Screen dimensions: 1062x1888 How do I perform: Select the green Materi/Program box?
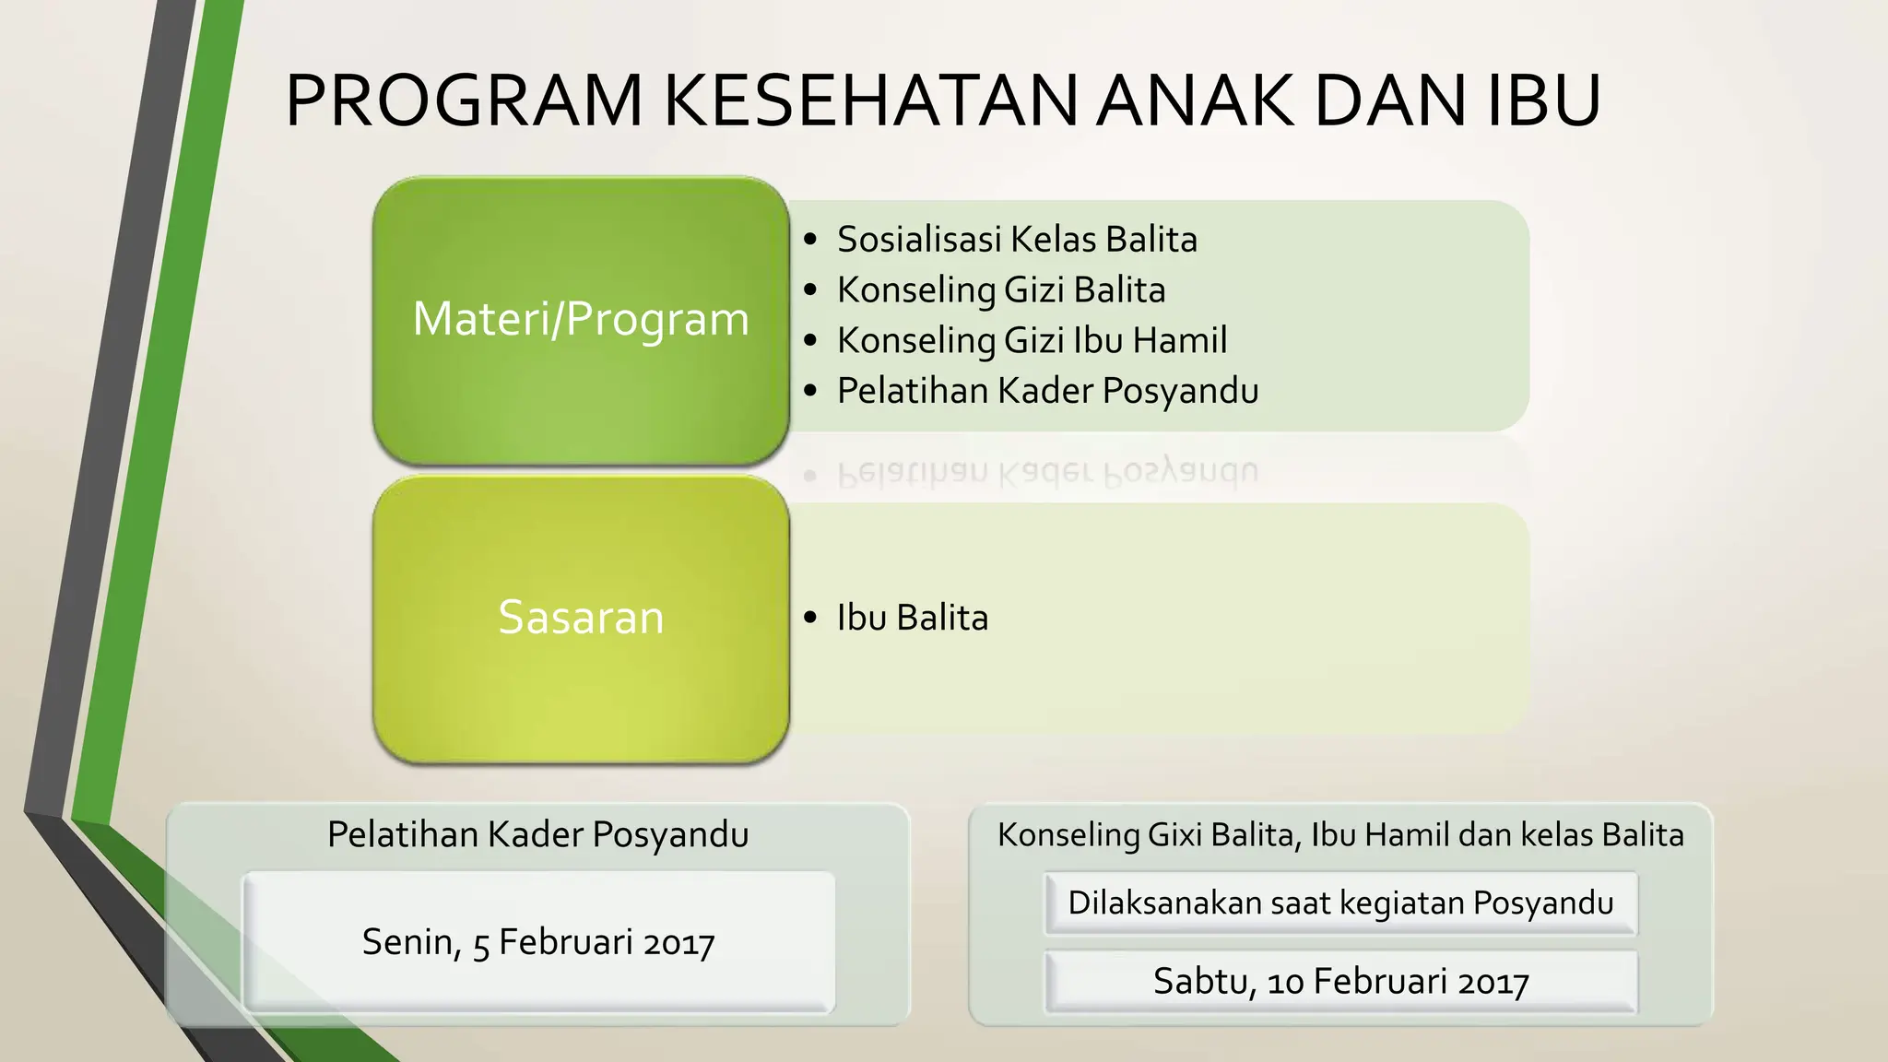click(581, 319)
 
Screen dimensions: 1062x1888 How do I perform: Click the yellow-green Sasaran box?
click(581, 618)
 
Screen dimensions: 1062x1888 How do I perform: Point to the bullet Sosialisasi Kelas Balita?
click(1016, 240)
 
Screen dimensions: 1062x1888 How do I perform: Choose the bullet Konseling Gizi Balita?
click(1000, 290)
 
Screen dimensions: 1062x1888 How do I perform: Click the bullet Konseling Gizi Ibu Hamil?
click(1031, 341)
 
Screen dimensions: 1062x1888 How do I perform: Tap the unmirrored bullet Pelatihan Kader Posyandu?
click(1047, 391)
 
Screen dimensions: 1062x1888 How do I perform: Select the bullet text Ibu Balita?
click(912, 618)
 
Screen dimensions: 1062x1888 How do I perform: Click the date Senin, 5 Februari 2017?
click(538, 942)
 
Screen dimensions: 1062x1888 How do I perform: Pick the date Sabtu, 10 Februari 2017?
click(1340, 982)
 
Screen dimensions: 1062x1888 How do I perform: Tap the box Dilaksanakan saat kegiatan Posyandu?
click(1340, 903)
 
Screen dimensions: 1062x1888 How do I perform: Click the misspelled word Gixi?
click(1175, 835)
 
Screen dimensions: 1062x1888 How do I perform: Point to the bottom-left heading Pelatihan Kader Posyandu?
click(538, 834)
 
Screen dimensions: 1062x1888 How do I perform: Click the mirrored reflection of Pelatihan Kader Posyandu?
click(1047, 471)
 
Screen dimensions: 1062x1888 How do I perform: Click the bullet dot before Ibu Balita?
click(810, 618)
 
